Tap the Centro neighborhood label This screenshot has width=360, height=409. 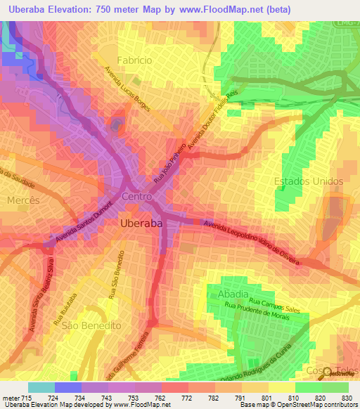pyautogui.click(x=138, y=197)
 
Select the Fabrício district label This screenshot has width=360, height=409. pyautogui.click(x=134, y=60)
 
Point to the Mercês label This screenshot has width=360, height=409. pyautogui.click(x=22, y=200)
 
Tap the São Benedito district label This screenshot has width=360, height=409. pyautogui.click(x=91, y=326)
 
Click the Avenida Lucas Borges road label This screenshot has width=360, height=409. pyautogui.click(x=129, y=91)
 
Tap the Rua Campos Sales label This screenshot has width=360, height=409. pyautogui.click(x=274, y=305)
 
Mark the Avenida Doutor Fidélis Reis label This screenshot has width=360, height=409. pyautogui.click(x=219, y=115)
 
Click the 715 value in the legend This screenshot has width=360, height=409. pyautogui.click(x=19, y=397)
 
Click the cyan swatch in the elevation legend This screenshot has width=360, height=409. pyautogui.click(x=41, y=387)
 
